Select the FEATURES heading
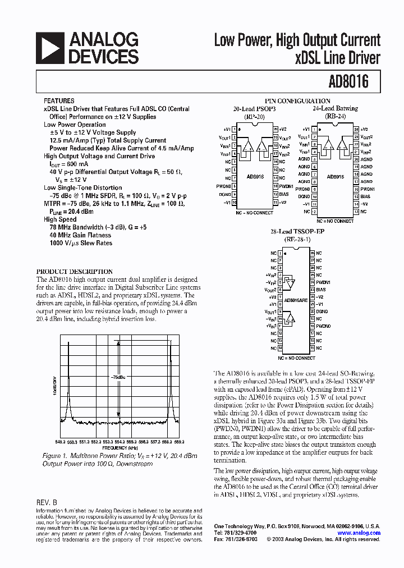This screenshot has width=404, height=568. pyautogui.click(x=59, y=100)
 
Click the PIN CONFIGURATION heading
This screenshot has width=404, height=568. pyautogui.click(x=297, y=101)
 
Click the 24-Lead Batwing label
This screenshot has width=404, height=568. pyautogui.click(x=335, y=109)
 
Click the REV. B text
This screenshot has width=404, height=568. pyautogui.click(x=47, y=503)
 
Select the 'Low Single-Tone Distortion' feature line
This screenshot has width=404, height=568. pyautogui.click(x=82, y=188)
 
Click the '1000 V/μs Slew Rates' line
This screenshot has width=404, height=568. pyautogui.click(x=80, y=243)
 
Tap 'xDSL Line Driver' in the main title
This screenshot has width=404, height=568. pyautogui.click(x=337, y=58)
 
